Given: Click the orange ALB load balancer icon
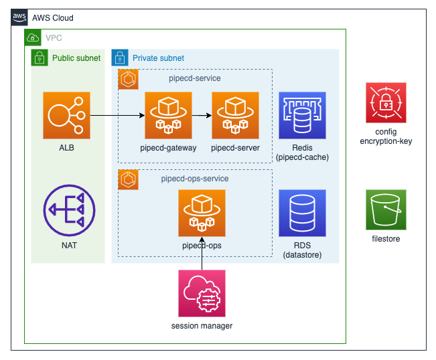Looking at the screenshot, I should [x=66, y=115].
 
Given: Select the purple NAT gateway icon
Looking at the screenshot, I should [x=66, y=212].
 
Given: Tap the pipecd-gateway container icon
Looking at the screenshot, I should [x=168, y=115].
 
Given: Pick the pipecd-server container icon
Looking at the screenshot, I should [x=235, y=115].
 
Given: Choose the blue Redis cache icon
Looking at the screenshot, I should [x=302, y=115].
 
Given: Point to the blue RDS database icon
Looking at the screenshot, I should [x=302, y=213].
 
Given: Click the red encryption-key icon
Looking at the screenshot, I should [x=386, y=102].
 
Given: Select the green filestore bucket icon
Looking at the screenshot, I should [x=386, y=209].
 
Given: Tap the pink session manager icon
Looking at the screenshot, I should [x=202, y=293].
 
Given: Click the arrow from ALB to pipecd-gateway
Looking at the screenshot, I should [x=117, y=115].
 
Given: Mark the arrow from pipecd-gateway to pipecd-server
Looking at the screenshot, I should [x=202, y=115].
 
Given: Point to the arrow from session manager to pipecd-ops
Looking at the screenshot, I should [x=202, y=253].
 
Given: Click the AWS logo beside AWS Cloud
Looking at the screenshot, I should [x=19, y=17].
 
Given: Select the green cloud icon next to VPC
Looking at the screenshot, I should [x=33, y=38].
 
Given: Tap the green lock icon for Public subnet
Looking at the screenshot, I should [x=40, y=58].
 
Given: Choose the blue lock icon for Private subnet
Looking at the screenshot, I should [x=120, y=58].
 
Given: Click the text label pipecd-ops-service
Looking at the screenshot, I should [x=195, y=179].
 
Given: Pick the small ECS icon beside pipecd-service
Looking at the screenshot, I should [x=127, y=78].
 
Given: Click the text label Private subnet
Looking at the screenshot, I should [x=158, y=58].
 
